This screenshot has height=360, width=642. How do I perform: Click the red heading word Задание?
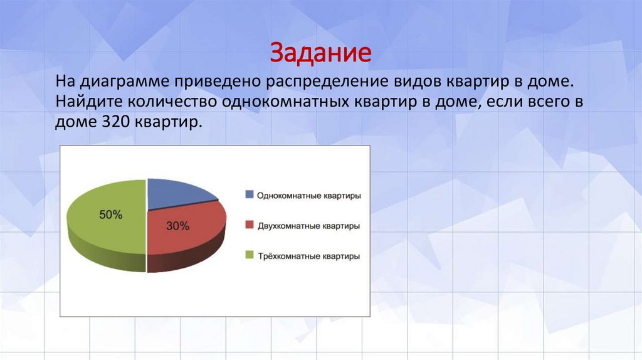(x=320, y=53)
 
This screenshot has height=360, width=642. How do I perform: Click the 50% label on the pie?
(x=110, y=214)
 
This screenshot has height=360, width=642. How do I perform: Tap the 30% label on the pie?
(x=177, y=226)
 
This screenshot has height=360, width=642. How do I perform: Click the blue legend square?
(x=250, y=195)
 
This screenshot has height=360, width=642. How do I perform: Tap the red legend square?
(x=250, y=225)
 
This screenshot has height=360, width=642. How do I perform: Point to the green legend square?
(x=250, y=256)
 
